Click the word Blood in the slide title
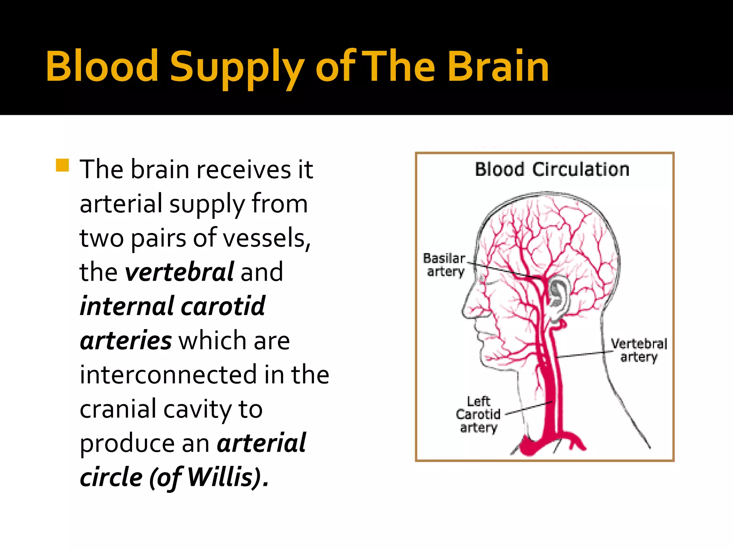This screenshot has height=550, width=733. (102, 66)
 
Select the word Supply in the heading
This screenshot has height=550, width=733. (237, 68)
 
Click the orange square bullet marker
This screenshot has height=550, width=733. (62, 165)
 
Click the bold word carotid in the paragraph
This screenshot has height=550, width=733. (223, 307)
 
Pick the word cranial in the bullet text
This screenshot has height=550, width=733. (118, 409)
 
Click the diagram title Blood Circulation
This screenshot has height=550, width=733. (552, 169)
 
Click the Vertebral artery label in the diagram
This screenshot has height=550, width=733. (639, 350)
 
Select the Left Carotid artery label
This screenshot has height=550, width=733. (478, 415)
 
